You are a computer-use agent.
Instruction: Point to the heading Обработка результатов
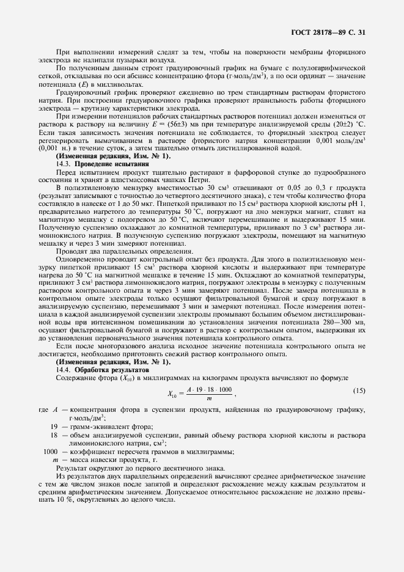coord(111,370)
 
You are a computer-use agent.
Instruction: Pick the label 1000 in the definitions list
coord(50,451)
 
